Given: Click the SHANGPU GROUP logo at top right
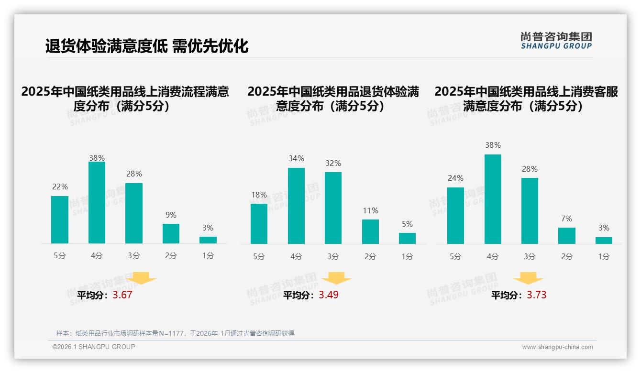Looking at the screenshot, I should pyautogui.click(x=556, y=41).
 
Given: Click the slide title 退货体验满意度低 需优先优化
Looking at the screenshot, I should pyautogui.click(x=147, y=46).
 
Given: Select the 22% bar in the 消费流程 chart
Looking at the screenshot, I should pyautogui.click(x=60, y=219).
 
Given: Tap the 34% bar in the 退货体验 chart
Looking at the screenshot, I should pyautogui.click(x=296, y=206).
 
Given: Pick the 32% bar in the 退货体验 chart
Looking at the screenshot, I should pyautogui.click(x=333, y=208).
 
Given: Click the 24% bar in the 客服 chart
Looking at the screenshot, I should pyautogui.click(x=455, y=215).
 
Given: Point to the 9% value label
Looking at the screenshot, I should pyautogui.click(x=171, y=215).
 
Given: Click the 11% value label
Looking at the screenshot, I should pyautogui.click(x=370, y=210).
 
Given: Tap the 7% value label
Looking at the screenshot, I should pyautogui.click(x=566, y=219).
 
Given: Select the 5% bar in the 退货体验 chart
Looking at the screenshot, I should pyautogui.click(x=407, y=238).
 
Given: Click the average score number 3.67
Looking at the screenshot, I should pyautogui.click(x=122, y=295).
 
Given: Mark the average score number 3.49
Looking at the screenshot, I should pyautogui.click(x=329, y=295).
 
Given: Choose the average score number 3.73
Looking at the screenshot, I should pyautogui.click(x=537, y=295).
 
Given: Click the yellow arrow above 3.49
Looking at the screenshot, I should pyautogui.click(x=336, y=278).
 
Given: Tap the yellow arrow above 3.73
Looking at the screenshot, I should pyautogui.click(x=528, y=278).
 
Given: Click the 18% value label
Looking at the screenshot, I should pyautogui.click(x=259, y=195).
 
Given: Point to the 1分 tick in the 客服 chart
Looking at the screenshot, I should pyautogui.click(x=604, y=256).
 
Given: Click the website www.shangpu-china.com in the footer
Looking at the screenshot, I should pyautogui.click(x=557, y=347).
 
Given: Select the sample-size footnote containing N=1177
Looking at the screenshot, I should pyautogui.click(x=175, y=333).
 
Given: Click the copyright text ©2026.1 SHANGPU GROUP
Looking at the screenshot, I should pyautogui.click(x=94, y=347).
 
